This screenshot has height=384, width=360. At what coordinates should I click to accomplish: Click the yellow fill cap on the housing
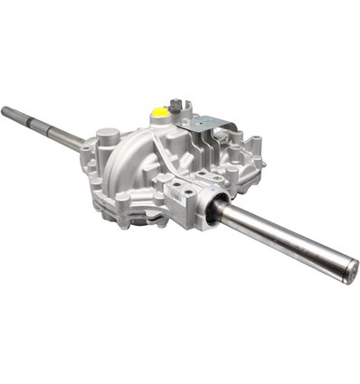pyautogui.click(x=159, y=113)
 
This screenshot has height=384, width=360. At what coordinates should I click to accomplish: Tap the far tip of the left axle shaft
pyautogui.click(x=5, y=111)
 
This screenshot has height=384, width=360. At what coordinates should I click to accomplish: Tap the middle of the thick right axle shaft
pyautogui.click(x=280, y=239)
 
